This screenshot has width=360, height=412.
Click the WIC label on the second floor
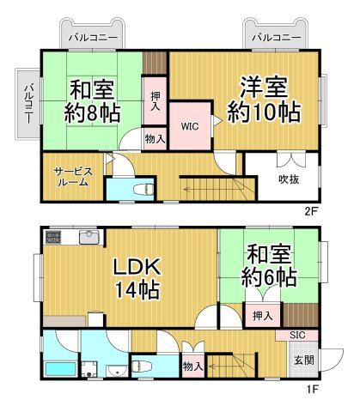tap(189, 124)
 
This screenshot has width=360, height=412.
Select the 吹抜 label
tap(288, 179)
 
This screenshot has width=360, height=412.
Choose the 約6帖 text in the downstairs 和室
tap(269, 277)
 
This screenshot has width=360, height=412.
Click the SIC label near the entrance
tap(296, 336)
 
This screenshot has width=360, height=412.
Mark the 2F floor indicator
tap(310, 209)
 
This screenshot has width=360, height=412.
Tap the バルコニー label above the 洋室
tap(277, 38)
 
